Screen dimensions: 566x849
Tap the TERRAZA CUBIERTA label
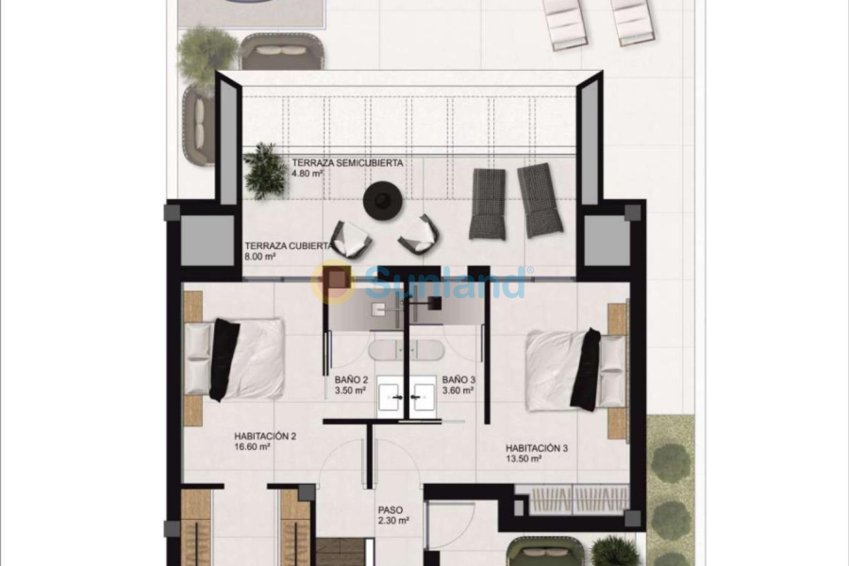[287, 245]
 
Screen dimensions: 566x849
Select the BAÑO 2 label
[350, 379]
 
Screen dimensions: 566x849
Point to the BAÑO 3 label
[458, 379]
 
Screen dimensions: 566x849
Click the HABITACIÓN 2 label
[266, 437]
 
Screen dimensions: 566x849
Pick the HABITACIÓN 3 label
[536, 448]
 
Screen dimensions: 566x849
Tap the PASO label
[390, 508]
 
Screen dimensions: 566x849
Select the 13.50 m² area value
[523, 459]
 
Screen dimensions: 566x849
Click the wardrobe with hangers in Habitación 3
[572, 498]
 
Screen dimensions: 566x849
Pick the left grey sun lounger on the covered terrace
[488, 203]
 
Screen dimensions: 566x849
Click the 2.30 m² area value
[392, 520]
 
